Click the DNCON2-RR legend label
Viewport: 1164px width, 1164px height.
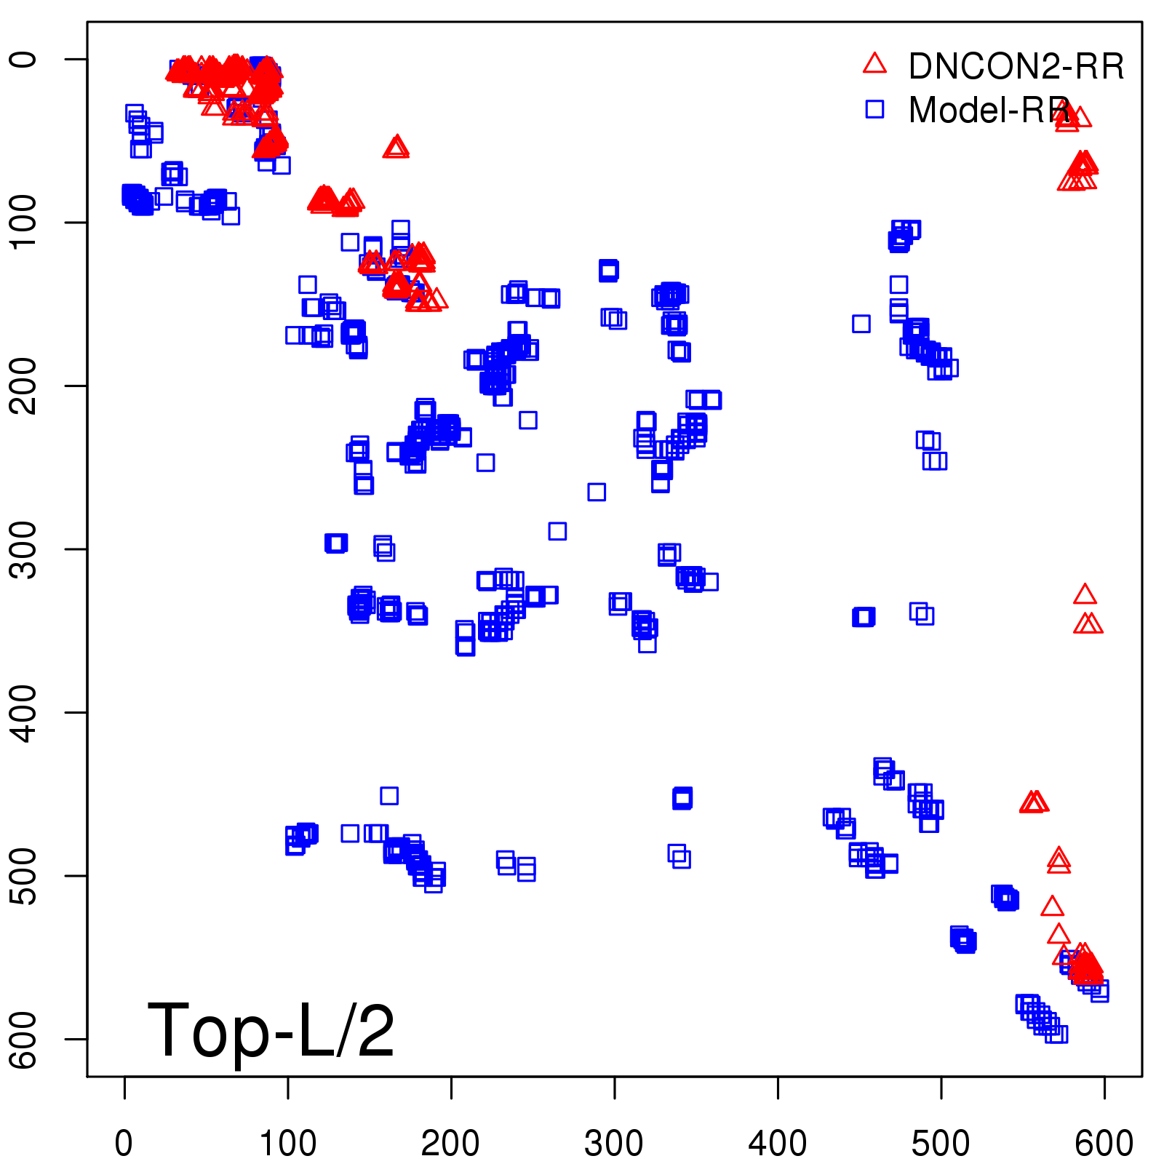[x=1016, y=66]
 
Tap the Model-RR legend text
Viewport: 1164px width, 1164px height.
[x=989, y=111]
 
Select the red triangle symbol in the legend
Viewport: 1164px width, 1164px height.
[x=874, y=64]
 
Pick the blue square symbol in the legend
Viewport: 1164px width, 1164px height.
[x=874, y=109]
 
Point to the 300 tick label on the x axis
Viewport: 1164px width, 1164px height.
[x=614, y=1143]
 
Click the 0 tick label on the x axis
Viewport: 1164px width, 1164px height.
[x=124, y=1143]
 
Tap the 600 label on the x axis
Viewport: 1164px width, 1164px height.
[x=1104, y=1143]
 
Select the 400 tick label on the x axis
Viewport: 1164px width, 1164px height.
[x=777, y=1143]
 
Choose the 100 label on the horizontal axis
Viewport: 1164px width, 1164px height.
[x=288, y=1143]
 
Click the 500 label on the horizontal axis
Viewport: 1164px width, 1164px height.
[x=941, y=1143]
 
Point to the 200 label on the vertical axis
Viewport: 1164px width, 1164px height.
[x=25, y=386]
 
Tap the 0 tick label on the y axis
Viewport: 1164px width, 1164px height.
[x=25, y=59]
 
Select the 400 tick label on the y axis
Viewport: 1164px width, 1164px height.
[x=25, y=712]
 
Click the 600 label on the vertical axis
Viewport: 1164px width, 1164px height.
[x=25, y=1039]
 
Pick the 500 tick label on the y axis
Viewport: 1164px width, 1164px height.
[x=25, y=875]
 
